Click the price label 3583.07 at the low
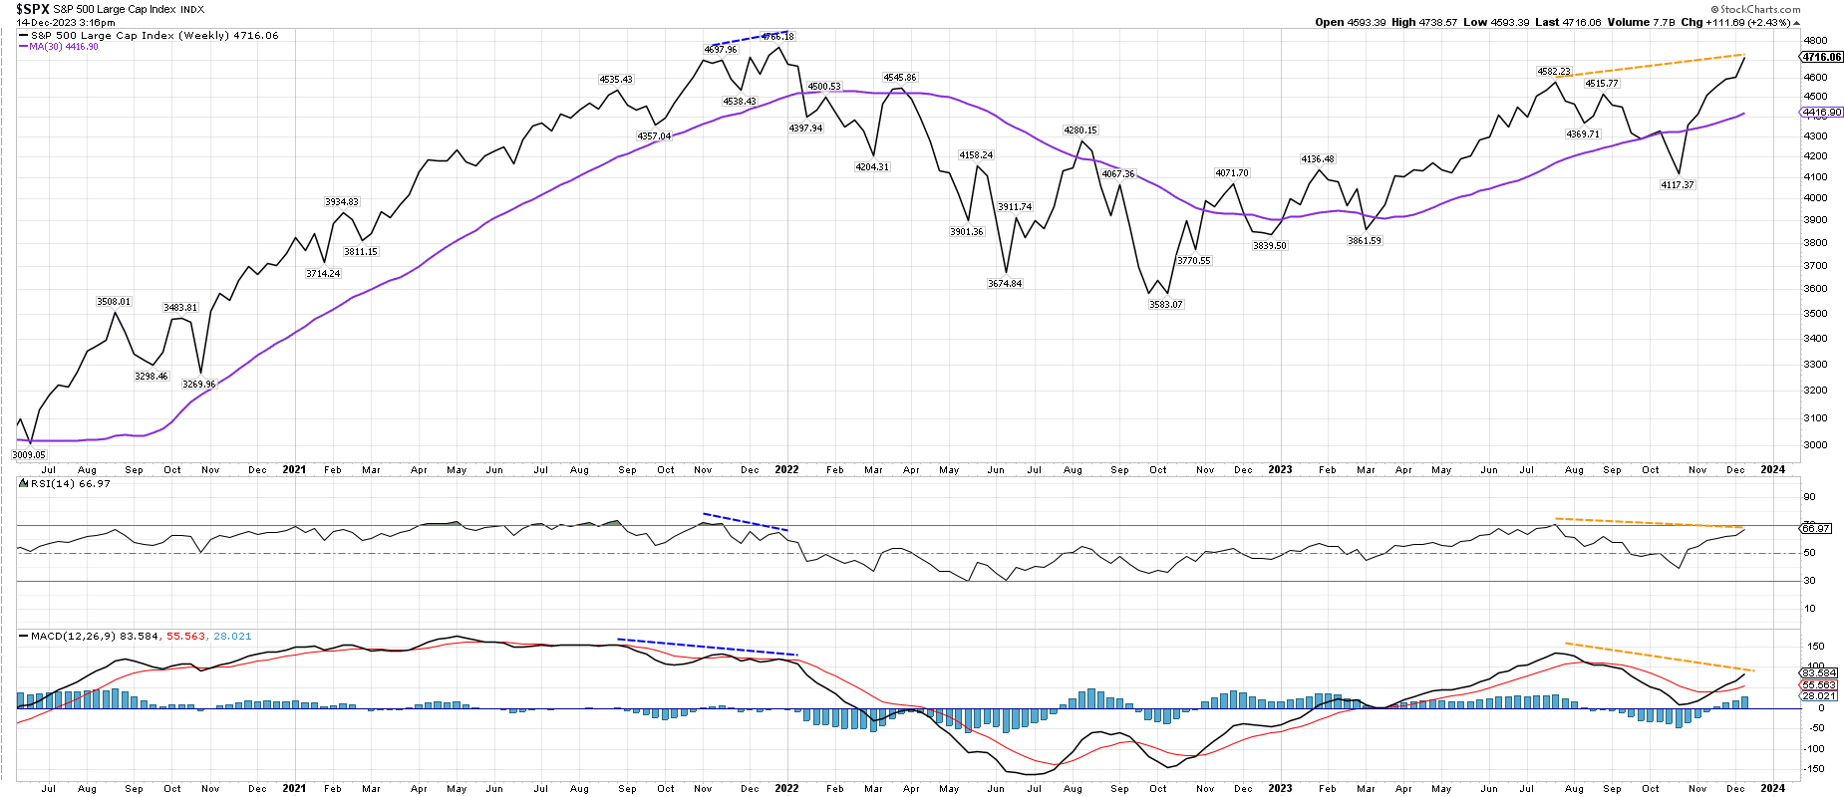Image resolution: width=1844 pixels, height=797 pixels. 1165,305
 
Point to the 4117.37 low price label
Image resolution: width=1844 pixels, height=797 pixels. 1677,185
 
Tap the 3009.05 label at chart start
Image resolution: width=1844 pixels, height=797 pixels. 29,455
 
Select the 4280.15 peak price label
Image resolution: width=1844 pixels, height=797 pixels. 1079,131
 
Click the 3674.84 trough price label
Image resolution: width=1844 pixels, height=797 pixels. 1005,284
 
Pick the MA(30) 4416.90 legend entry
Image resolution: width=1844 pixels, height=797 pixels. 64,47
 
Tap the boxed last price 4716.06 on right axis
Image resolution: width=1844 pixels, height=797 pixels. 1822,58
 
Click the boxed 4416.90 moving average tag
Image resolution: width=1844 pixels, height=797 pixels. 1822,114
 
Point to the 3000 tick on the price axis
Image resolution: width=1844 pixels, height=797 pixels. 1815,445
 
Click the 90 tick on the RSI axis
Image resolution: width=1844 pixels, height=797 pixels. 1809,497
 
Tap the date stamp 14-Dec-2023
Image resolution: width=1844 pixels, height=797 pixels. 50,22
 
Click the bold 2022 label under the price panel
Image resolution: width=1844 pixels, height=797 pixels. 786,469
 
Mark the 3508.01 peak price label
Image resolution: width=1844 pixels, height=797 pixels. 114,302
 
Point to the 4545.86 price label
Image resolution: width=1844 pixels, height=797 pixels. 899,78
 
